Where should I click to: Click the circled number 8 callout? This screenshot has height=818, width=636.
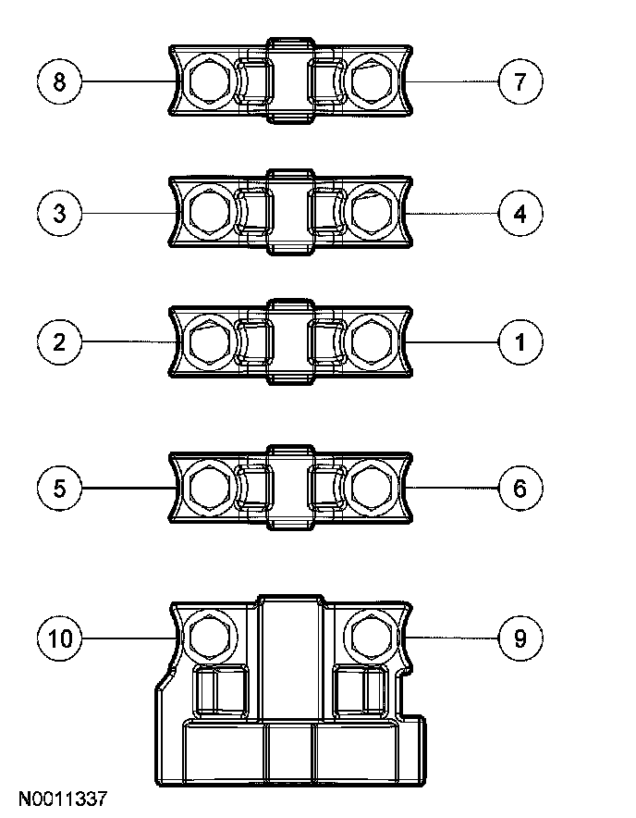pos(60,82)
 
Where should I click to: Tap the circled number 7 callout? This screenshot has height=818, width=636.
pos(520,82)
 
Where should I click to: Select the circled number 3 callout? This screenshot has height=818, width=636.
pos(60,214)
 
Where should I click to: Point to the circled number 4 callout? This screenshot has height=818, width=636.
pos(520,214)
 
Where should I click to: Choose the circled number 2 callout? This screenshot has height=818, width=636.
pos(60,342)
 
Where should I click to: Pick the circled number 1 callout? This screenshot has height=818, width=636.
pos(520,342)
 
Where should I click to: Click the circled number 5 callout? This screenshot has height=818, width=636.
pos(60,488)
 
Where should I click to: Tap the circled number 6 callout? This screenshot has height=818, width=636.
pos(520,488)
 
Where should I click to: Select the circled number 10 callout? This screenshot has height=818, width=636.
pos(60,638)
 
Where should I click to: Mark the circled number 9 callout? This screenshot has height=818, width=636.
pos(520,638)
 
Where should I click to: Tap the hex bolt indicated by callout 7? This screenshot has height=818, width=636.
pos(373,83)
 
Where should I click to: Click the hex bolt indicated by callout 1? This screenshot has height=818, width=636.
pos(373,343)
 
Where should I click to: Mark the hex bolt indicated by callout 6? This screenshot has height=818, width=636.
pos(373,488)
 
